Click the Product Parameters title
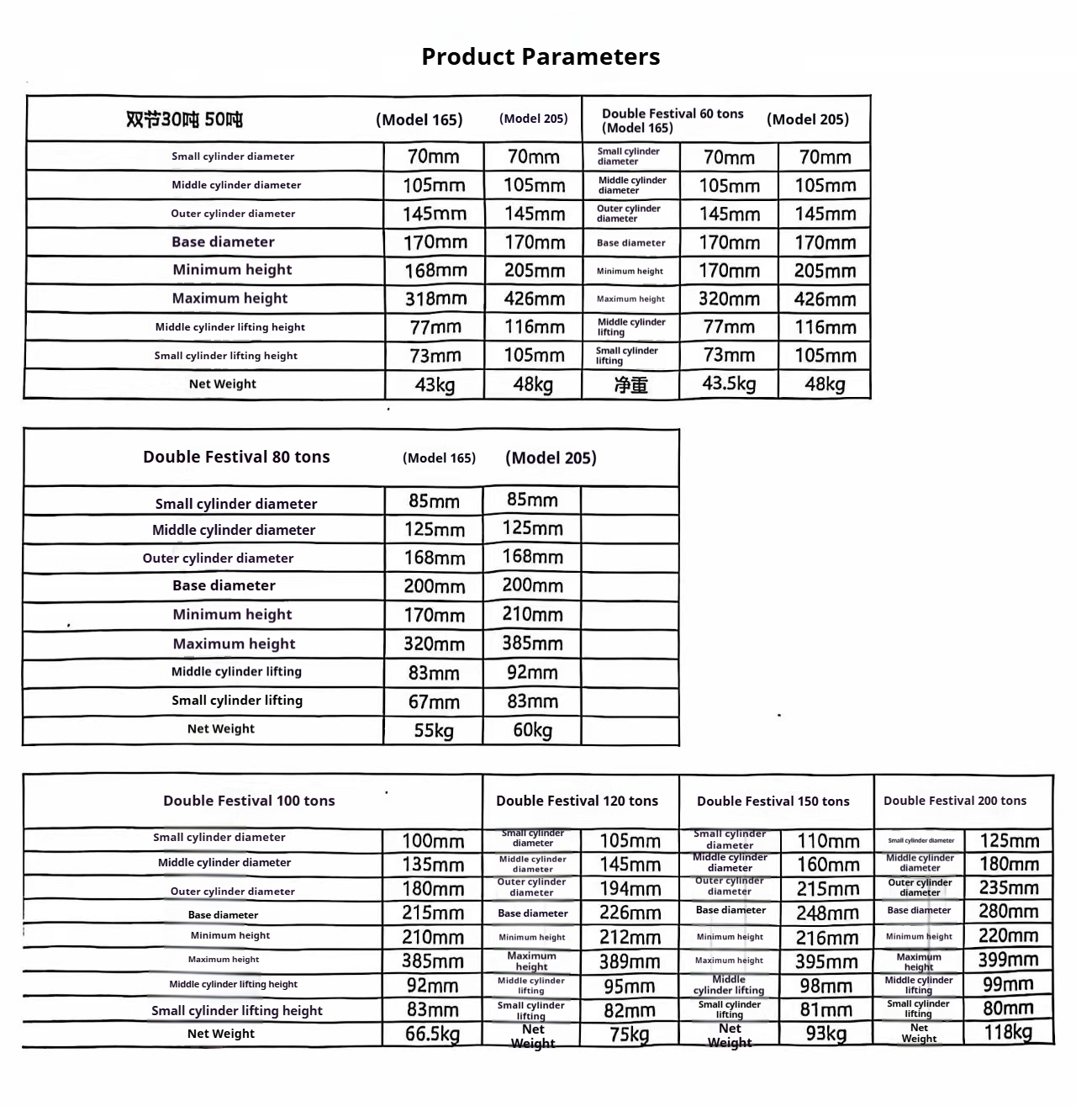point(541,56)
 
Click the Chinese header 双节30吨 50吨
point(184,119)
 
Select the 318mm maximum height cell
point(435,299)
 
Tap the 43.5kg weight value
point(729,384)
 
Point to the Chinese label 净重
point(630,385)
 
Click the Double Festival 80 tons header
point(236,457)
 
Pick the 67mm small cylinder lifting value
point(434,701)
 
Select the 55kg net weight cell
point(434,730)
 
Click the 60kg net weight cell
point(533,730)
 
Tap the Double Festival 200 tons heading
point(955,801)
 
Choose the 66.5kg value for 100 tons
point(432,1034)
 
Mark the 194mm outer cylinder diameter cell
point(630,888)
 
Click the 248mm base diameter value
point(827,913)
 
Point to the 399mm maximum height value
point(1008,960)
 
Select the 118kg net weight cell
point(1008,1032)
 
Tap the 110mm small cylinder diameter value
point(828,841)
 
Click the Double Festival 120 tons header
point(577,801)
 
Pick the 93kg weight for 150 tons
point(826,1033)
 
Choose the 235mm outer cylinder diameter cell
point(1009,887)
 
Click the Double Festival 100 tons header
point(249,801)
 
